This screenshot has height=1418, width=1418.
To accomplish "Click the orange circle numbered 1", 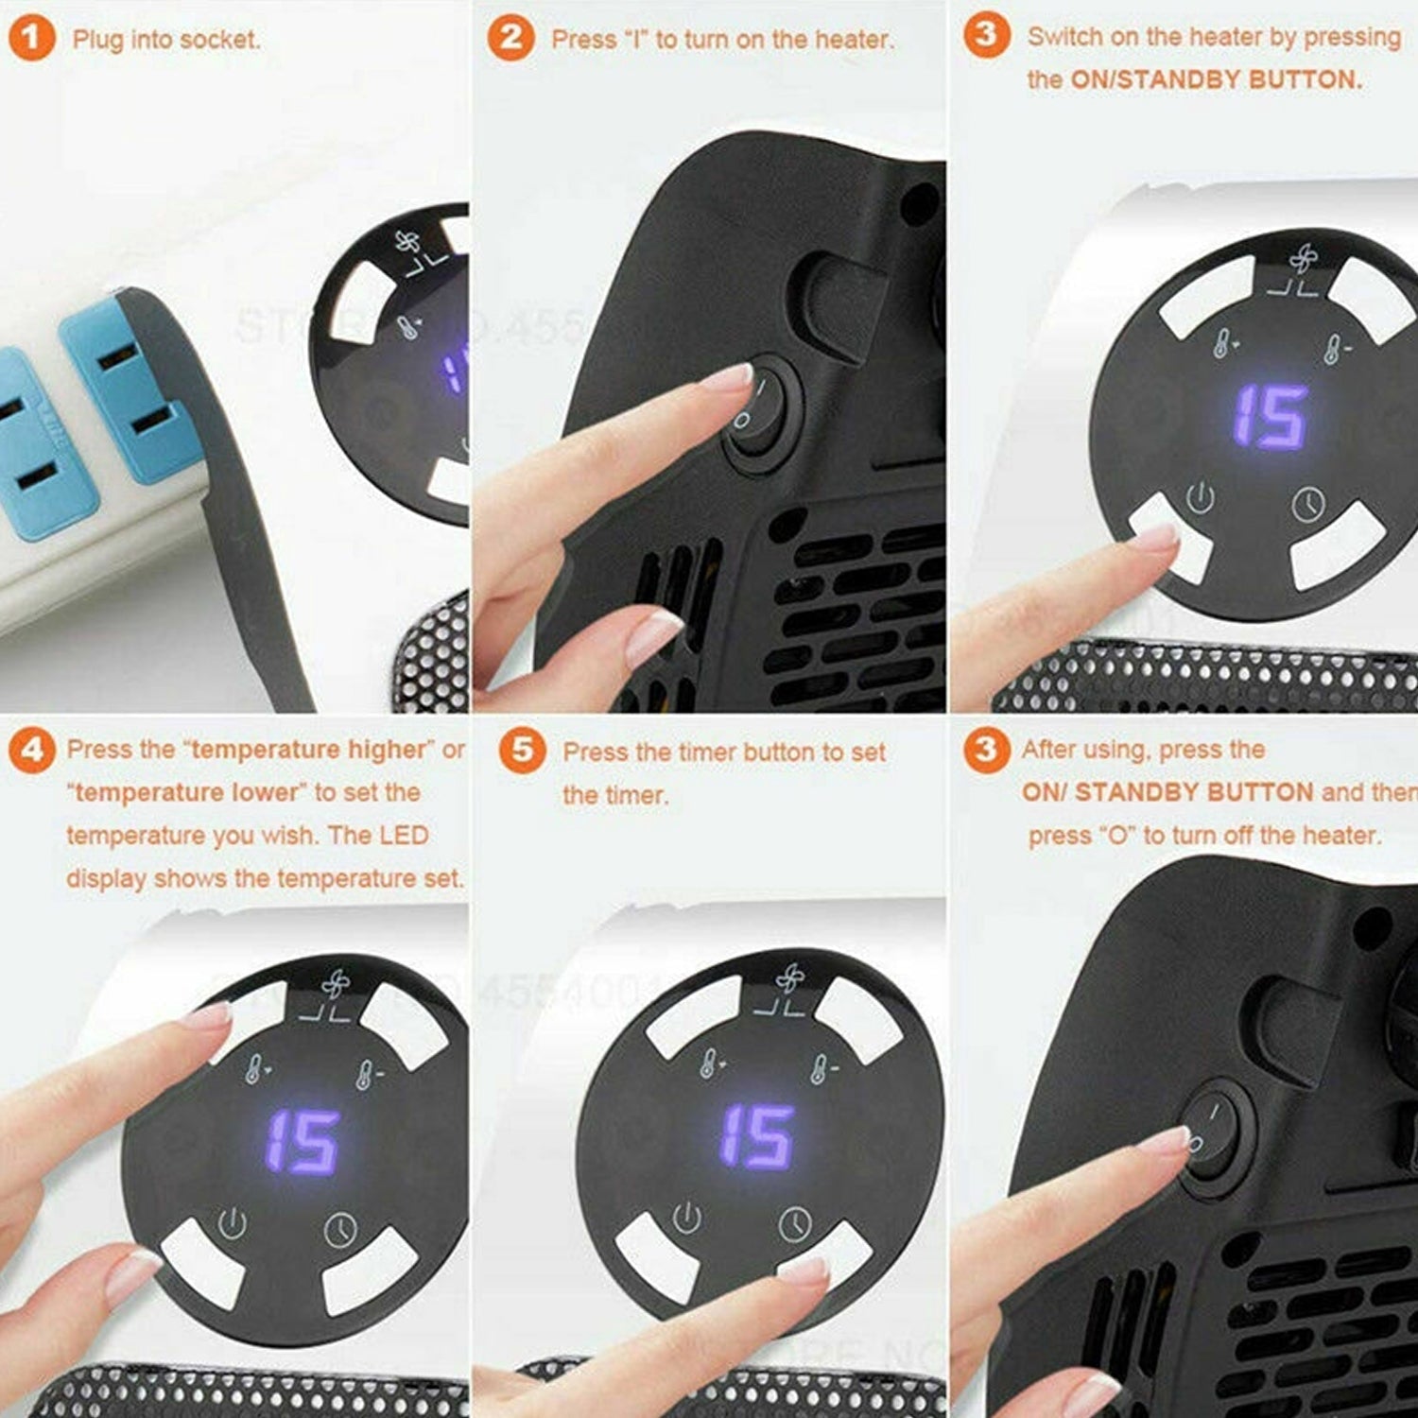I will click(31, 39).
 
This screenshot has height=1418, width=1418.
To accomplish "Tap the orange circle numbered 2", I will click(510, 38).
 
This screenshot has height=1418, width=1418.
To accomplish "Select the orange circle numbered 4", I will click(31, 751).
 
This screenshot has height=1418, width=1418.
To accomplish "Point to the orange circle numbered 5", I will click(522, 751).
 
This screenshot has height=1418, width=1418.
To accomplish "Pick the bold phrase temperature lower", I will click(186, 792).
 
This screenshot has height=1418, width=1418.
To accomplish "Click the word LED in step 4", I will click(404, 836).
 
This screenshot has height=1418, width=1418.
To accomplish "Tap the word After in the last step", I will click(1048, 750).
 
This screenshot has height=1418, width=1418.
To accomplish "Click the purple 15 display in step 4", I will click(302, 1141).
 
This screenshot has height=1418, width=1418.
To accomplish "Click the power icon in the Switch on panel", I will click(1200, 497).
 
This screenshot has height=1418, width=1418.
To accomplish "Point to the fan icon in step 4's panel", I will click(336, 986).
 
